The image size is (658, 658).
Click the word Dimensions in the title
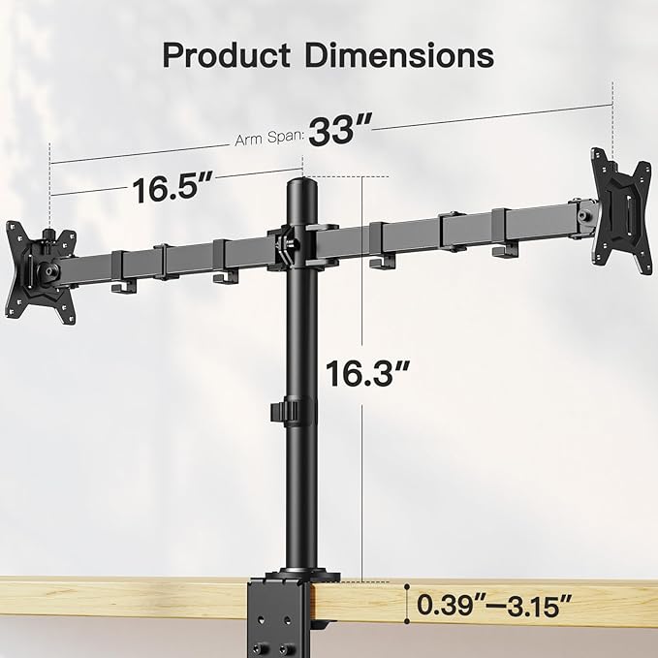[x=398, y=54]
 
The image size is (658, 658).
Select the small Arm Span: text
[x=268, y=139]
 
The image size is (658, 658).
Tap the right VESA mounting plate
[x=619, y=199]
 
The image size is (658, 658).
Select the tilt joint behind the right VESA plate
[x=581, y=213]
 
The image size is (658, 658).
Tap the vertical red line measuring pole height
[x=361, y=378]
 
